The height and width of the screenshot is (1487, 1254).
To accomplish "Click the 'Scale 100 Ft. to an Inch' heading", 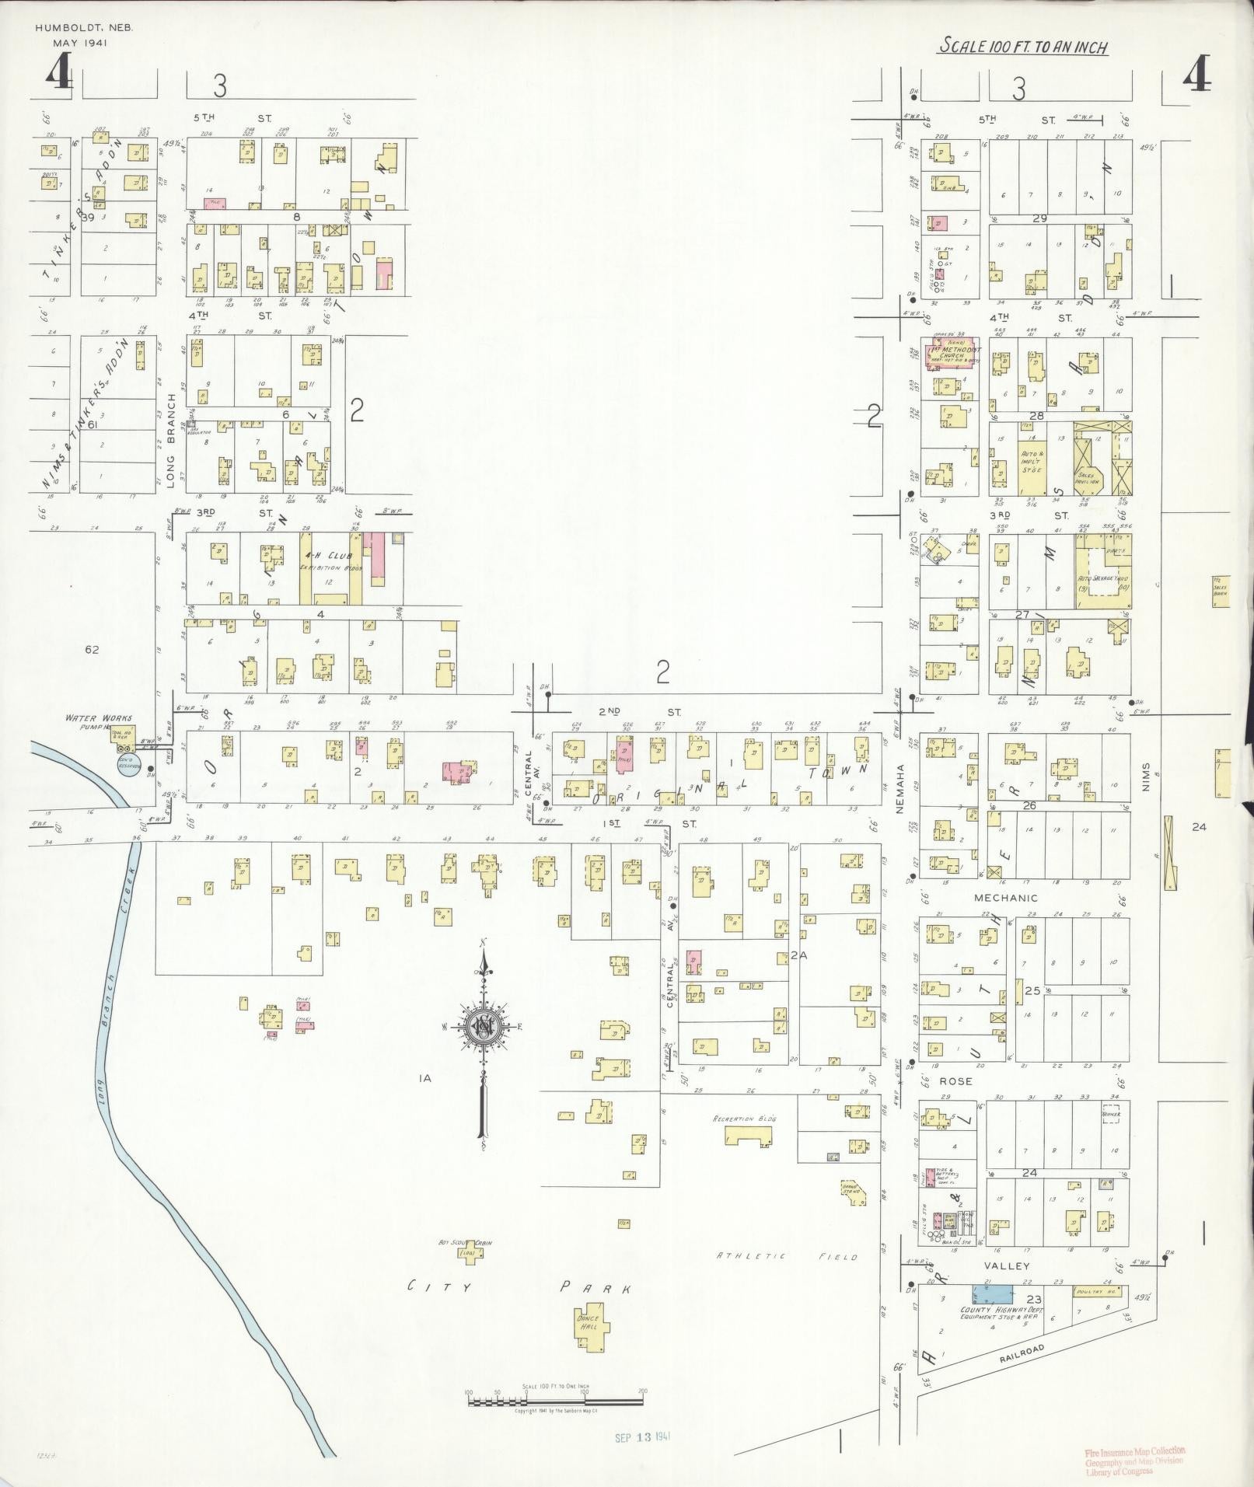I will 1022,47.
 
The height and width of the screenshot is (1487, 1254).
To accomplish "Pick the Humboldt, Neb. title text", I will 84,27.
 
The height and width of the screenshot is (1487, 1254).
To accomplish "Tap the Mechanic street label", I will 1006,898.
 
